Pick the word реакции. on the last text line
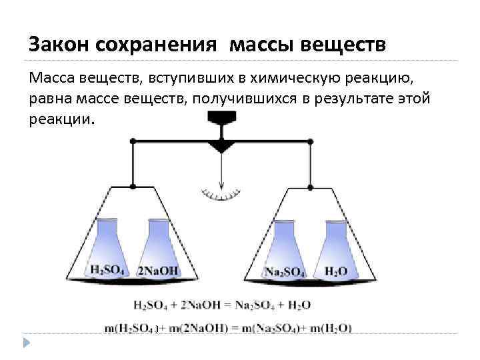coord(63,120)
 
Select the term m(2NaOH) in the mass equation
coord(196,328)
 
